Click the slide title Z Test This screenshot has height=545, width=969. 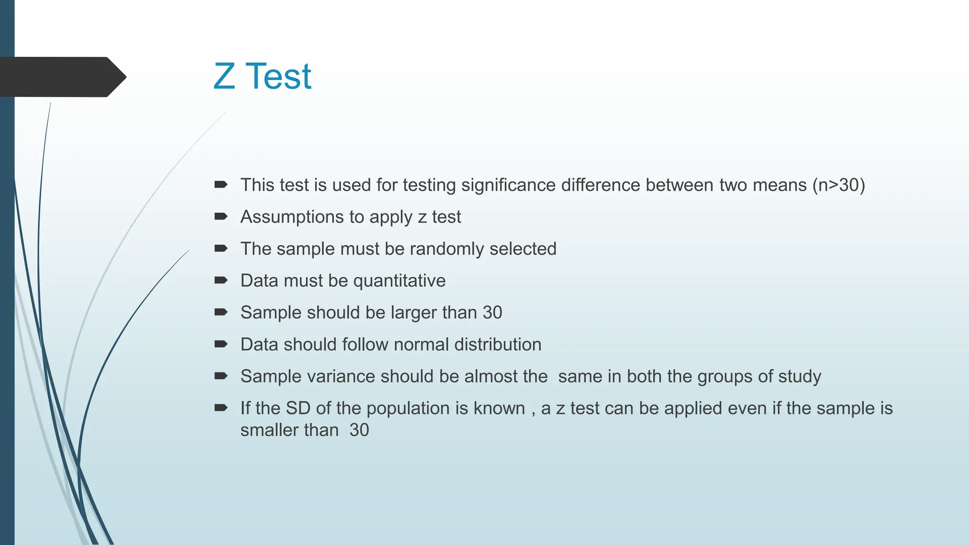coord(262,76)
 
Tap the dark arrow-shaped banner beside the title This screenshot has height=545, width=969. coord(62,77)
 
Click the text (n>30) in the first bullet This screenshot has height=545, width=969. coord(838,185)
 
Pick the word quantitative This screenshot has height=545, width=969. coord(399,281)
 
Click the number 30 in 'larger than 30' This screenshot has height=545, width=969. coord(492,313)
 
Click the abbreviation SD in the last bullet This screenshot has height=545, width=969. coord(298,408)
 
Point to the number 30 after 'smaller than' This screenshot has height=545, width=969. coord(359,430)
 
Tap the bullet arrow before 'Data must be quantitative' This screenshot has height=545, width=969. coord(221,281)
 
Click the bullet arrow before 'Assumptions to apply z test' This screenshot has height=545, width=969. coord(221,217)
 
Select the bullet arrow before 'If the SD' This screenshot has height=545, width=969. coord(221,408)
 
